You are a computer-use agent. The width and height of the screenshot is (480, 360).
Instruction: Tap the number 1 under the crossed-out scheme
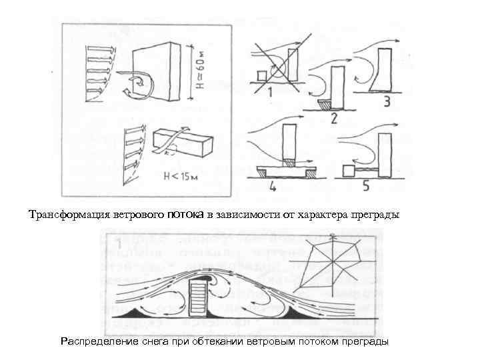tap(270, 92)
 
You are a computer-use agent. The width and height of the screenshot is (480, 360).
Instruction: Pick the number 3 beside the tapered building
tap(387, 101)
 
